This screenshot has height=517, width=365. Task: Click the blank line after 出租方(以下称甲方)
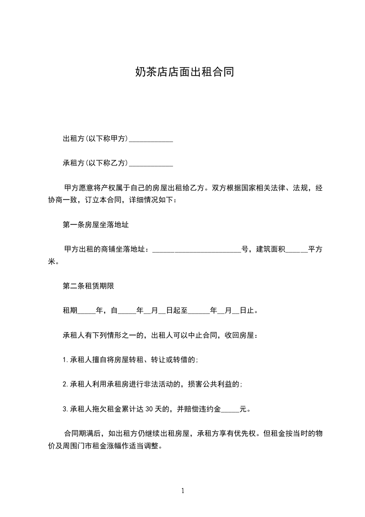tap(151, 139)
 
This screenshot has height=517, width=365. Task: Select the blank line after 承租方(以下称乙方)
tap(151, 163)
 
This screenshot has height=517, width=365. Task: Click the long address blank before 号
tap(197, 250)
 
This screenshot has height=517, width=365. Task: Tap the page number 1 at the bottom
tap(183, 491)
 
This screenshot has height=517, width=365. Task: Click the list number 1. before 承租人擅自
tap(65, 360)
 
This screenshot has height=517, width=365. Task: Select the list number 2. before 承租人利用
tap(65, 384)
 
